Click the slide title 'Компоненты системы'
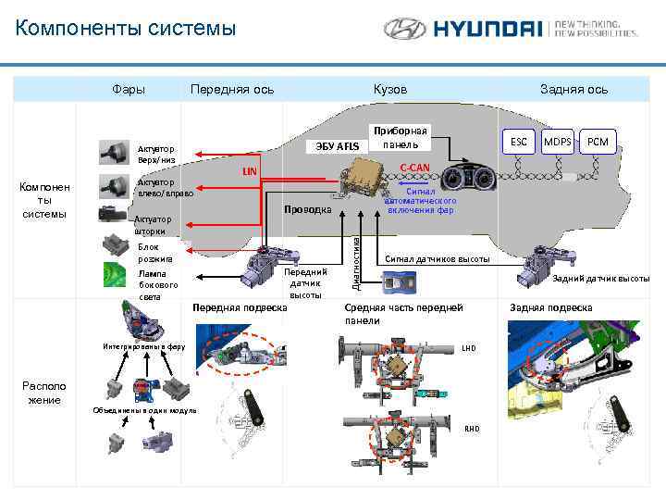(x=126, y=29)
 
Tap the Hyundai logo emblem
(x=405, y=29)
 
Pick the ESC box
(x=519, y=142)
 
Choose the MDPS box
(x=557, y=142)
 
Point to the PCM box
(x=598, y=142)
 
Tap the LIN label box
(x=248, y=171)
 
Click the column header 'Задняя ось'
(x=573, y=89)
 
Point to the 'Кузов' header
(x=389, y=89)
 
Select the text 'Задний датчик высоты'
(x=600, y=278)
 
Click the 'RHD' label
(x=472, y=429)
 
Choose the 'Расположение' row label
(x=43, y=392)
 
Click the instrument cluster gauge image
(x=466, y=178)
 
